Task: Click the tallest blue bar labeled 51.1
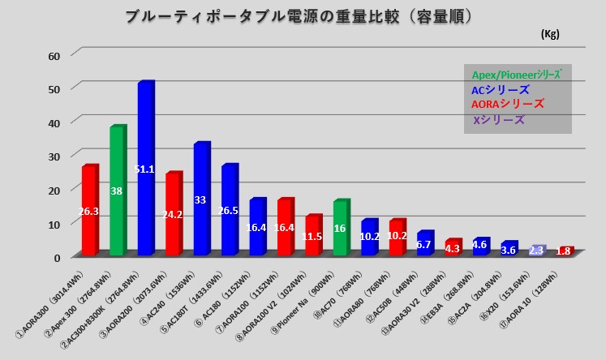point(145,170)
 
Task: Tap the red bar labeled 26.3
point(88,211)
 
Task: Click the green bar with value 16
point(341,229)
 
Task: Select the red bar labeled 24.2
point(173,215)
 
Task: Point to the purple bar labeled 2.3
point(536,251)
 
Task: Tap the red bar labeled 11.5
point(313,236)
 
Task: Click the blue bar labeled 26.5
point(229,211)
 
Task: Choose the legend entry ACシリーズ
point(501,89)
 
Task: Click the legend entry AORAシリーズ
point(508,105)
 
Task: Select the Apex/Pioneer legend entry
point(517,74)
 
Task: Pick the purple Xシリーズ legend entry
point(499,120)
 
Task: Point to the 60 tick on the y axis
point(55,55)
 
